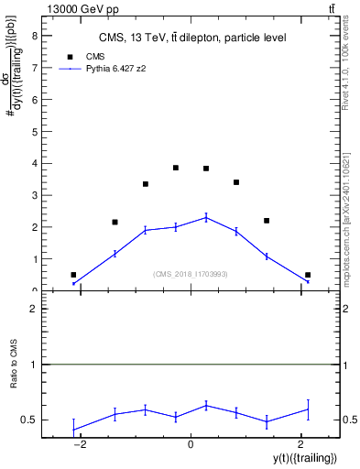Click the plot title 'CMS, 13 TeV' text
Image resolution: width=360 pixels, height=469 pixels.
tap(192, 38)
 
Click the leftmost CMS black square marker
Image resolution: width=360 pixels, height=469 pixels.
tap(73, 275)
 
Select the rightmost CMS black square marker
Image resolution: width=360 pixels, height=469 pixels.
tap(308, 275)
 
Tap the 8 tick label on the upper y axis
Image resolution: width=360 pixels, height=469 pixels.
tap(35, 36)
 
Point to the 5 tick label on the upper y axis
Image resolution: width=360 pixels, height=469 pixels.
tap(35, 132)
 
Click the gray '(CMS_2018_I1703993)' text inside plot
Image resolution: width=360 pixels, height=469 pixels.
tap(191, 273)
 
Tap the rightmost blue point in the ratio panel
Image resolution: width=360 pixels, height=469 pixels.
tap(308, 409)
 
